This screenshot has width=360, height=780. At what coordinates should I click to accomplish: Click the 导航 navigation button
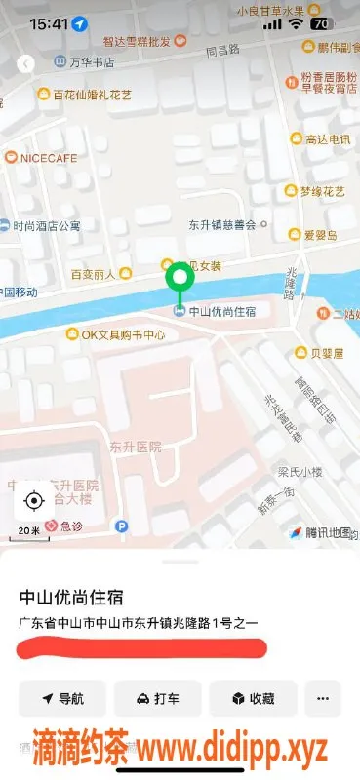(x=61, y=698)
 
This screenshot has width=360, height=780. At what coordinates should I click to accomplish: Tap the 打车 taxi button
(x=157, y=698)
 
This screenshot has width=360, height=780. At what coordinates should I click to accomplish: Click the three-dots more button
(x=323, y=698)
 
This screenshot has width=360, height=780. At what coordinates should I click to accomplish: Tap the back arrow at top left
(x=26, y=63)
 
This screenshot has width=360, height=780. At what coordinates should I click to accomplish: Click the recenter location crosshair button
(x=34, y=501)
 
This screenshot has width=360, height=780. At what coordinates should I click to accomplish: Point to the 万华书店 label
(x=92, y=62)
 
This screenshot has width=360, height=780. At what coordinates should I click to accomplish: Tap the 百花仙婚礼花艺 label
(x=92, y=95)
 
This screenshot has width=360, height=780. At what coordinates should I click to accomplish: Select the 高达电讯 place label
(x=327, y=140)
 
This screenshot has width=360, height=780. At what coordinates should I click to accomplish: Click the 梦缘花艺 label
(x=321, y=191)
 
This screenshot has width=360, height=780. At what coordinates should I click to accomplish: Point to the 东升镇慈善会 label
(x=221, y=224)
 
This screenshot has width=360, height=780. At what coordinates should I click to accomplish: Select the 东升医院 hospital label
(x=135, y=447)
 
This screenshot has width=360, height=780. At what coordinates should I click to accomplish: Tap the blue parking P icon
(x=122, y=526)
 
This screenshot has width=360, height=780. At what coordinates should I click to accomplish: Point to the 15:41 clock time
(x=49, y=22)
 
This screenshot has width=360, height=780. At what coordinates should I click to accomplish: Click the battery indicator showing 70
(x=319, y=22)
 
